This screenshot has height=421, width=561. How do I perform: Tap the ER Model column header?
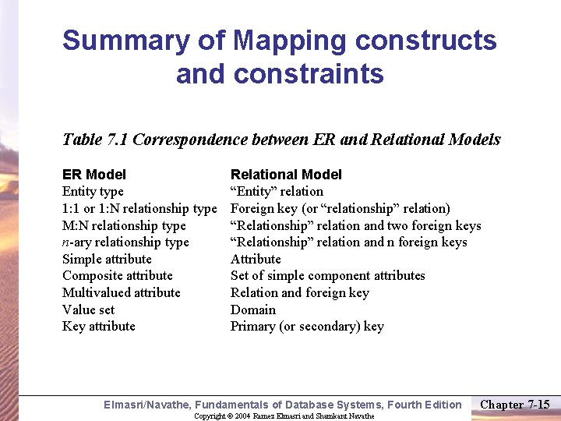[93, 175]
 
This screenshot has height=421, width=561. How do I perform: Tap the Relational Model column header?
[286, 175]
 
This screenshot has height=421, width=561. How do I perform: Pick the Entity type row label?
[93, 192]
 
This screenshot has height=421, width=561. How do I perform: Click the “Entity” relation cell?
[277, 192]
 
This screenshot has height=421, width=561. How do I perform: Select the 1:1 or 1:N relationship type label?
[139, 209]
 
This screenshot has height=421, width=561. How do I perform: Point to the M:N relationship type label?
[124, 226]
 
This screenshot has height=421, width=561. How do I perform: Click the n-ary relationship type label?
[125, 242]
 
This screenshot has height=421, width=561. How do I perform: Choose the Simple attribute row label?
[107, 260]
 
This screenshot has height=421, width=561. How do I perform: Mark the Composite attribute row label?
[118, 276]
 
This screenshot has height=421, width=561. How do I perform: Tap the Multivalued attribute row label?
[121, 293]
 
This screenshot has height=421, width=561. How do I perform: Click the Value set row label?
[88, 310]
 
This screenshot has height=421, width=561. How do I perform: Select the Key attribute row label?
[99, 327]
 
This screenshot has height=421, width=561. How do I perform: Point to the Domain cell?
[253, 310]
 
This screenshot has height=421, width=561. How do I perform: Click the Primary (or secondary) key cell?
[307, 327]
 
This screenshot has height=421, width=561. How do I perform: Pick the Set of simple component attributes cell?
[328, 276]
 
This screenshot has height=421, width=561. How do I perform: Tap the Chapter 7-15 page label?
[515, 404]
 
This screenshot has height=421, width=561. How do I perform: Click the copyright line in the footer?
[284, 416]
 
